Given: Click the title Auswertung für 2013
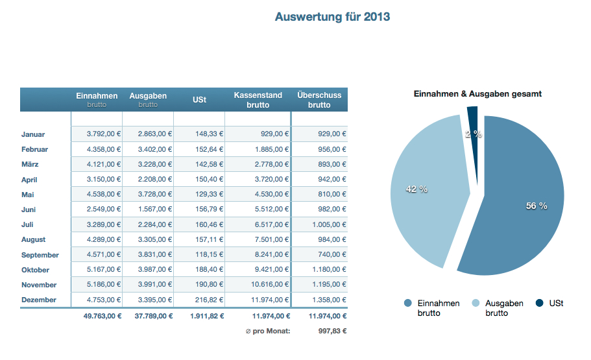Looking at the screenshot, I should (x=332, y=17).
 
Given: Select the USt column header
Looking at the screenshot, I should (x=199, y=100).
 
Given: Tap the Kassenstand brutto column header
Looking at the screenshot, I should (x=258, y=100).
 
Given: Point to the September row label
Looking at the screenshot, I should (x=40, y=255).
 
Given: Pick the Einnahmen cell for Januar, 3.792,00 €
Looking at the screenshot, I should (x=104, y=134).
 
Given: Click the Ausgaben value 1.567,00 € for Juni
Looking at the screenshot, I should (x=155, y=209).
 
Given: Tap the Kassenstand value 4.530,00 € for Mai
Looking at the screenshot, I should (x=271, y=194).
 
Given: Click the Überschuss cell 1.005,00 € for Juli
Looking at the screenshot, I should (x=327, y=224).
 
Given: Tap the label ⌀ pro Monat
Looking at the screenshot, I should (x=268, y=331).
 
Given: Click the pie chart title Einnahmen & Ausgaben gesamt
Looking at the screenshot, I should (x=477, y=94).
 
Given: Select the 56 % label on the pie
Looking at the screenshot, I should (x=537, y=206).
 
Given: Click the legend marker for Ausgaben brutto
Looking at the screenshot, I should (x=475, y=304).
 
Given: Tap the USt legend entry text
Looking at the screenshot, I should (x=556, y=304).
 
